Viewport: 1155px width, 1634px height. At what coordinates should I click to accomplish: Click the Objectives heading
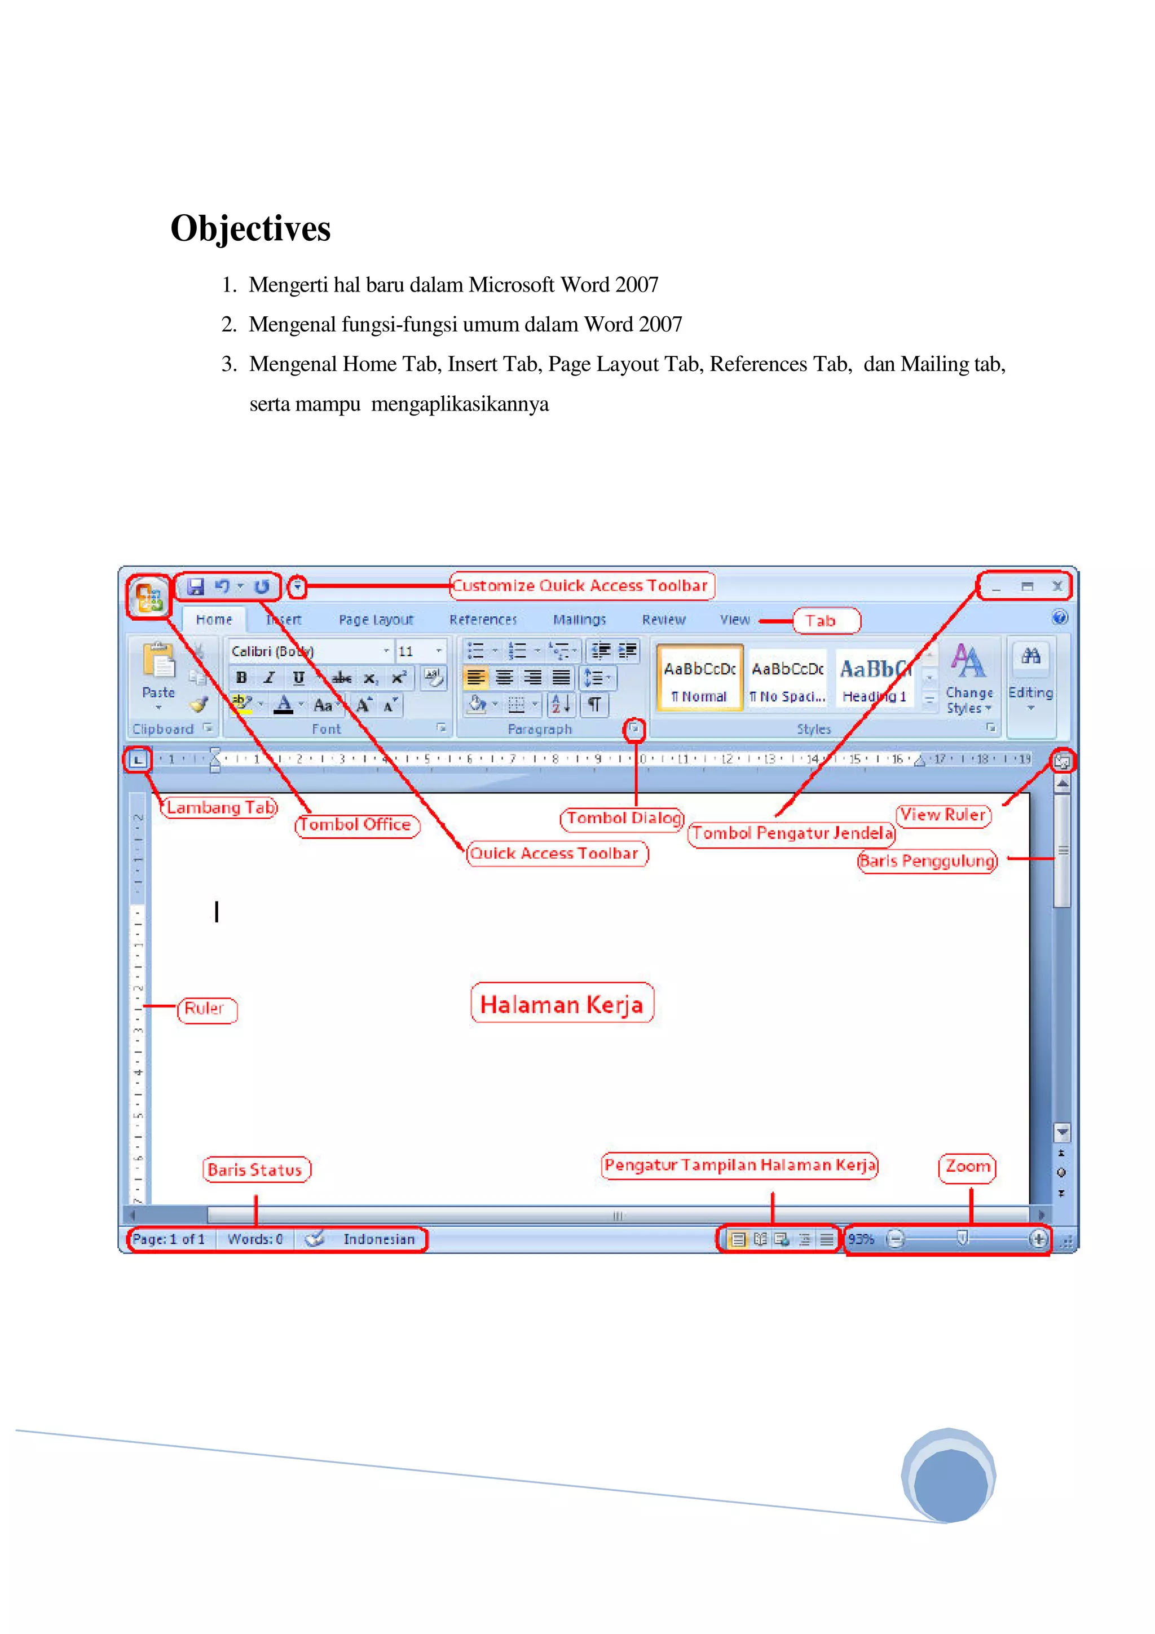[x=250, y=228]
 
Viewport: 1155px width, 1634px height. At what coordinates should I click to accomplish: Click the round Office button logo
[x=149, y=597]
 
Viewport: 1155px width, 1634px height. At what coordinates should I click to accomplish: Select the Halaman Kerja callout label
[x=562, y=1004]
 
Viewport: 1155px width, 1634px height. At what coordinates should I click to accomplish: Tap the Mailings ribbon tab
[x=579, y=620]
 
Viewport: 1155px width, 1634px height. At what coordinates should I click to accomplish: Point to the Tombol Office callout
[x=356, y=825]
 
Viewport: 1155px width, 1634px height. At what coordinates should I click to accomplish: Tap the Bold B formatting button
[x=241, y=678]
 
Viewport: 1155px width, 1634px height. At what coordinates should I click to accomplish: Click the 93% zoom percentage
[x=861, y=1239]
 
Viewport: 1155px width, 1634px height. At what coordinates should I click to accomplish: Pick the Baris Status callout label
[x=255, y=1169]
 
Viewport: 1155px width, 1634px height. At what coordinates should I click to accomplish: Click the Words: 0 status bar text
[x=255, y=1239]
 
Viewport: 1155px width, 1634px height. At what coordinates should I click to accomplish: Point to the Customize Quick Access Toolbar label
[x=581, y=586]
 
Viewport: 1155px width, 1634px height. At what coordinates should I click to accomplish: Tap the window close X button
[x=1057, y=586]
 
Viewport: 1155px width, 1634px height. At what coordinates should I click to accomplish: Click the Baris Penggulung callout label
[x=927, y=861]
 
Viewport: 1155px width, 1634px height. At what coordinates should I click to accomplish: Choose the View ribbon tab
[x=734, y=620]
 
